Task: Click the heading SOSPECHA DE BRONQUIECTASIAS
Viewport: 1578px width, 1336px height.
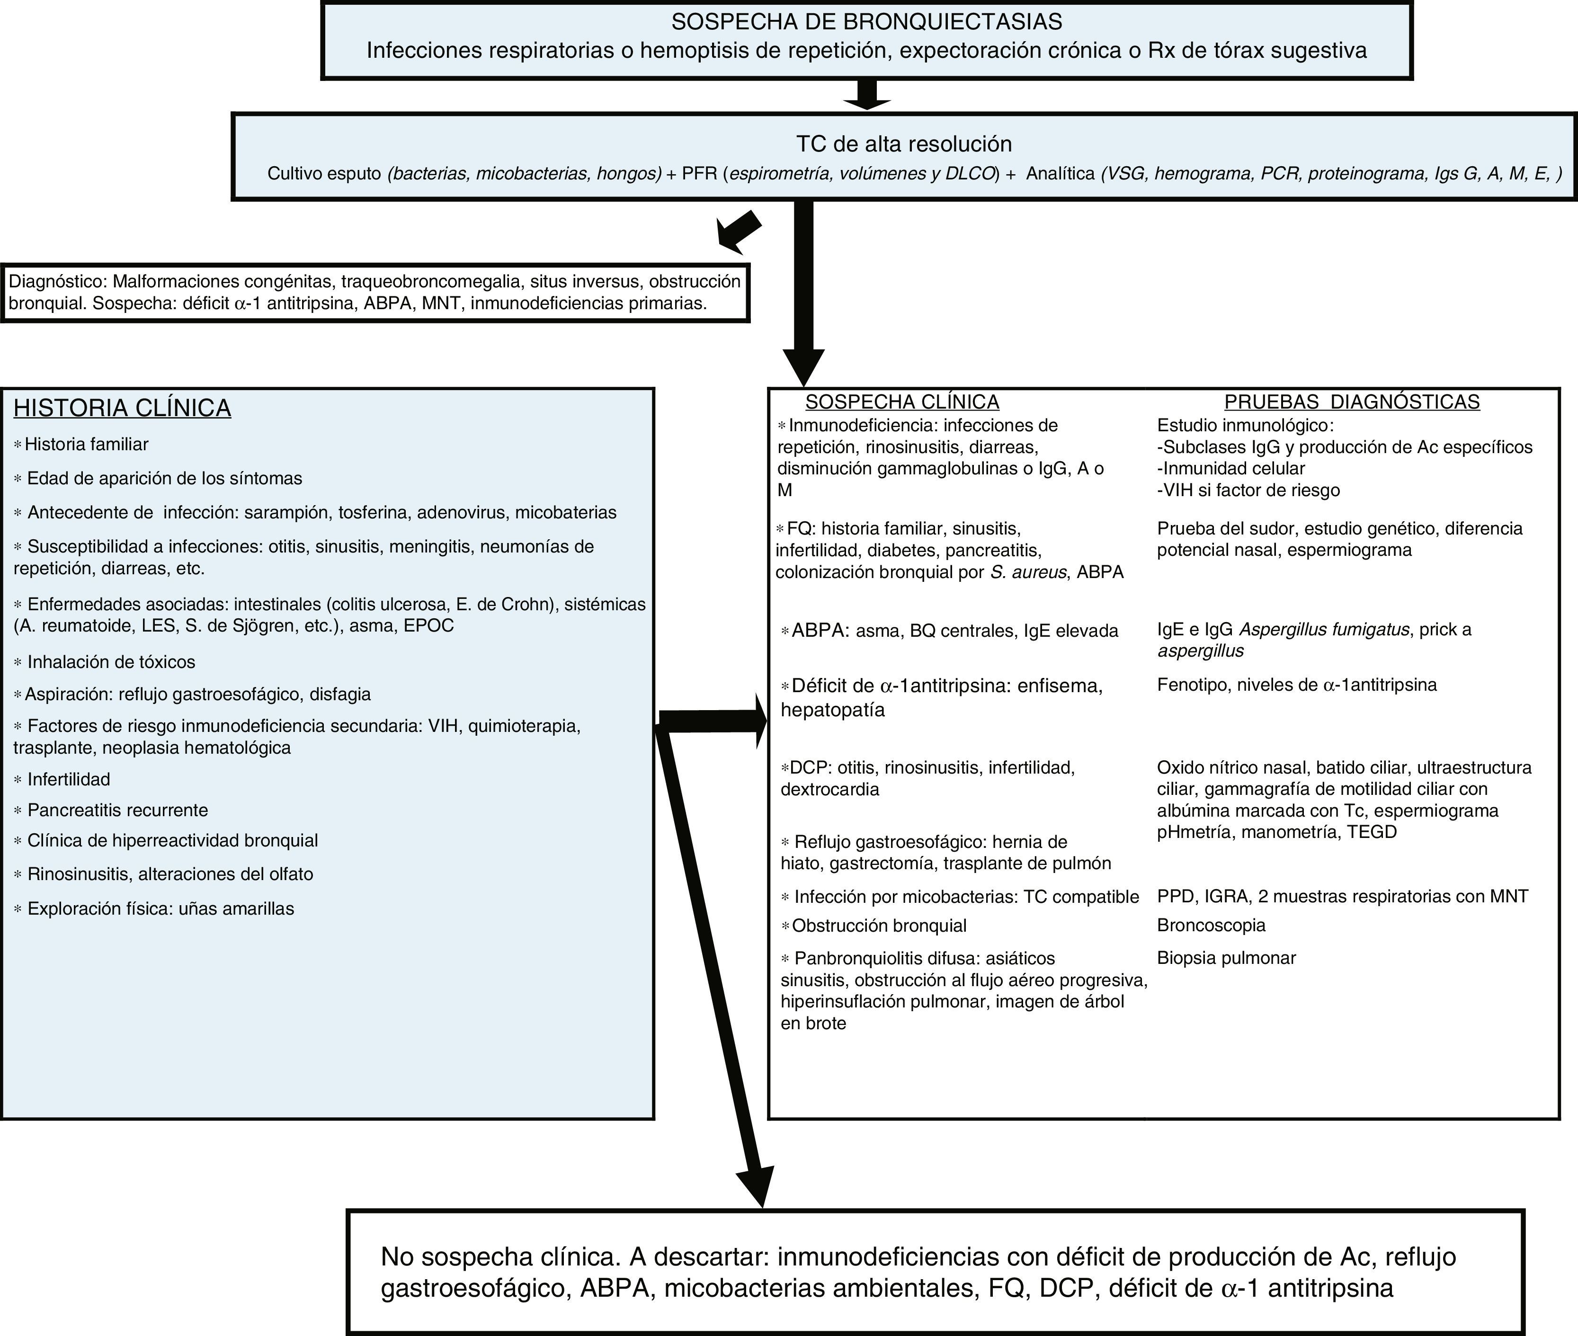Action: (866, 22)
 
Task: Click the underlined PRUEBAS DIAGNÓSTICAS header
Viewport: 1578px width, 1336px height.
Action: (1352, 402)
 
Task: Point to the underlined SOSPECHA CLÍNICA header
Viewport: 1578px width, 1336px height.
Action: (902, 402)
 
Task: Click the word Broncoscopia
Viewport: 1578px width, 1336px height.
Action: (1211, 926)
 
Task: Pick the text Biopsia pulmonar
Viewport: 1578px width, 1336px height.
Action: (1226, 958)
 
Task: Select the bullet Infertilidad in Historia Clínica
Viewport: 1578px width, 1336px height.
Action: (68, 779)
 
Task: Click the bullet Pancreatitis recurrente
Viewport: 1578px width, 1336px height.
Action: (117, 811)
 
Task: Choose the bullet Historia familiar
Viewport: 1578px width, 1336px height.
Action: (86, 445)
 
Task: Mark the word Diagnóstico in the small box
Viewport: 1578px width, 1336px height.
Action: (54, 282)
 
